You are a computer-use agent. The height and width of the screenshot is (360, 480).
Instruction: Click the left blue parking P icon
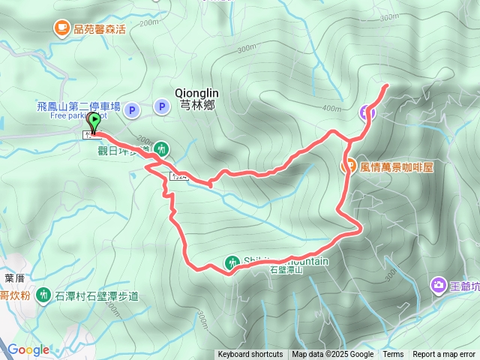(x=132, y=110)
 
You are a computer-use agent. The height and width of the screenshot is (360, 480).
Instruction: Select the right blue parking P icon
(x=161, y=106)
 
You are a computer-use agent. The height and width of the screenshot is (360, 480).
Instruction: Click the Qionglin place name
(x=196, y=92)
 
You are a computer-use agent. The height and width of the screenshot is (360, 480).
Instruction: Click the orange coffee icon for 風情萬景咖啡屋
(x=349, y=166)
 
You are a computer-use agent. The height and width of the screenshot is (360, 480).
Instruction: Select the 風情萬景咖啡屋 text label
(x=397, y=166)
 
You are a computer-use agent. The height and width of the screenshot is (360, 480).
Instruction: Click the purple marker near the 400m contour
(x=367, y=112)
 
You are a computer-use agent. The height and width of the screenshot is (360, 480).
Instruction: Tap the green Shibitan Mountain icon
(x=231, y=262)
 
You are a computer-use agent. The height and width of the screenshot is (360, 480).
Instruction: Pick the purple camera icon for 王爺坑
(x=438, y=285)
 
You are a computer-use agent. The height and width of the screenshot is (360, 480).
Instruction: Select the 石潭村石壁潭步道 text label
(x=97, y=295)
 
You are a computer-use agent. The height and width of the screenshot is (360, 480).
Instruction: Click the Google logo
(x=28, y=349)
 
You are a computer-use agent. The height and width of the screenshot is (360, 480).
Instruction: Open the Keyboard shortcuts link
(x=250, y=355)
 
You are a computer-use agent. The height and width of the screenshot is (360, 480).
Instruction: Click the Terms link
(x=393, y=355)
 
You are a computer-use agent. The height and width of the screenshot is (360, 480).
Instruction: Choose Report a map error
(x=444, y=355)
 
